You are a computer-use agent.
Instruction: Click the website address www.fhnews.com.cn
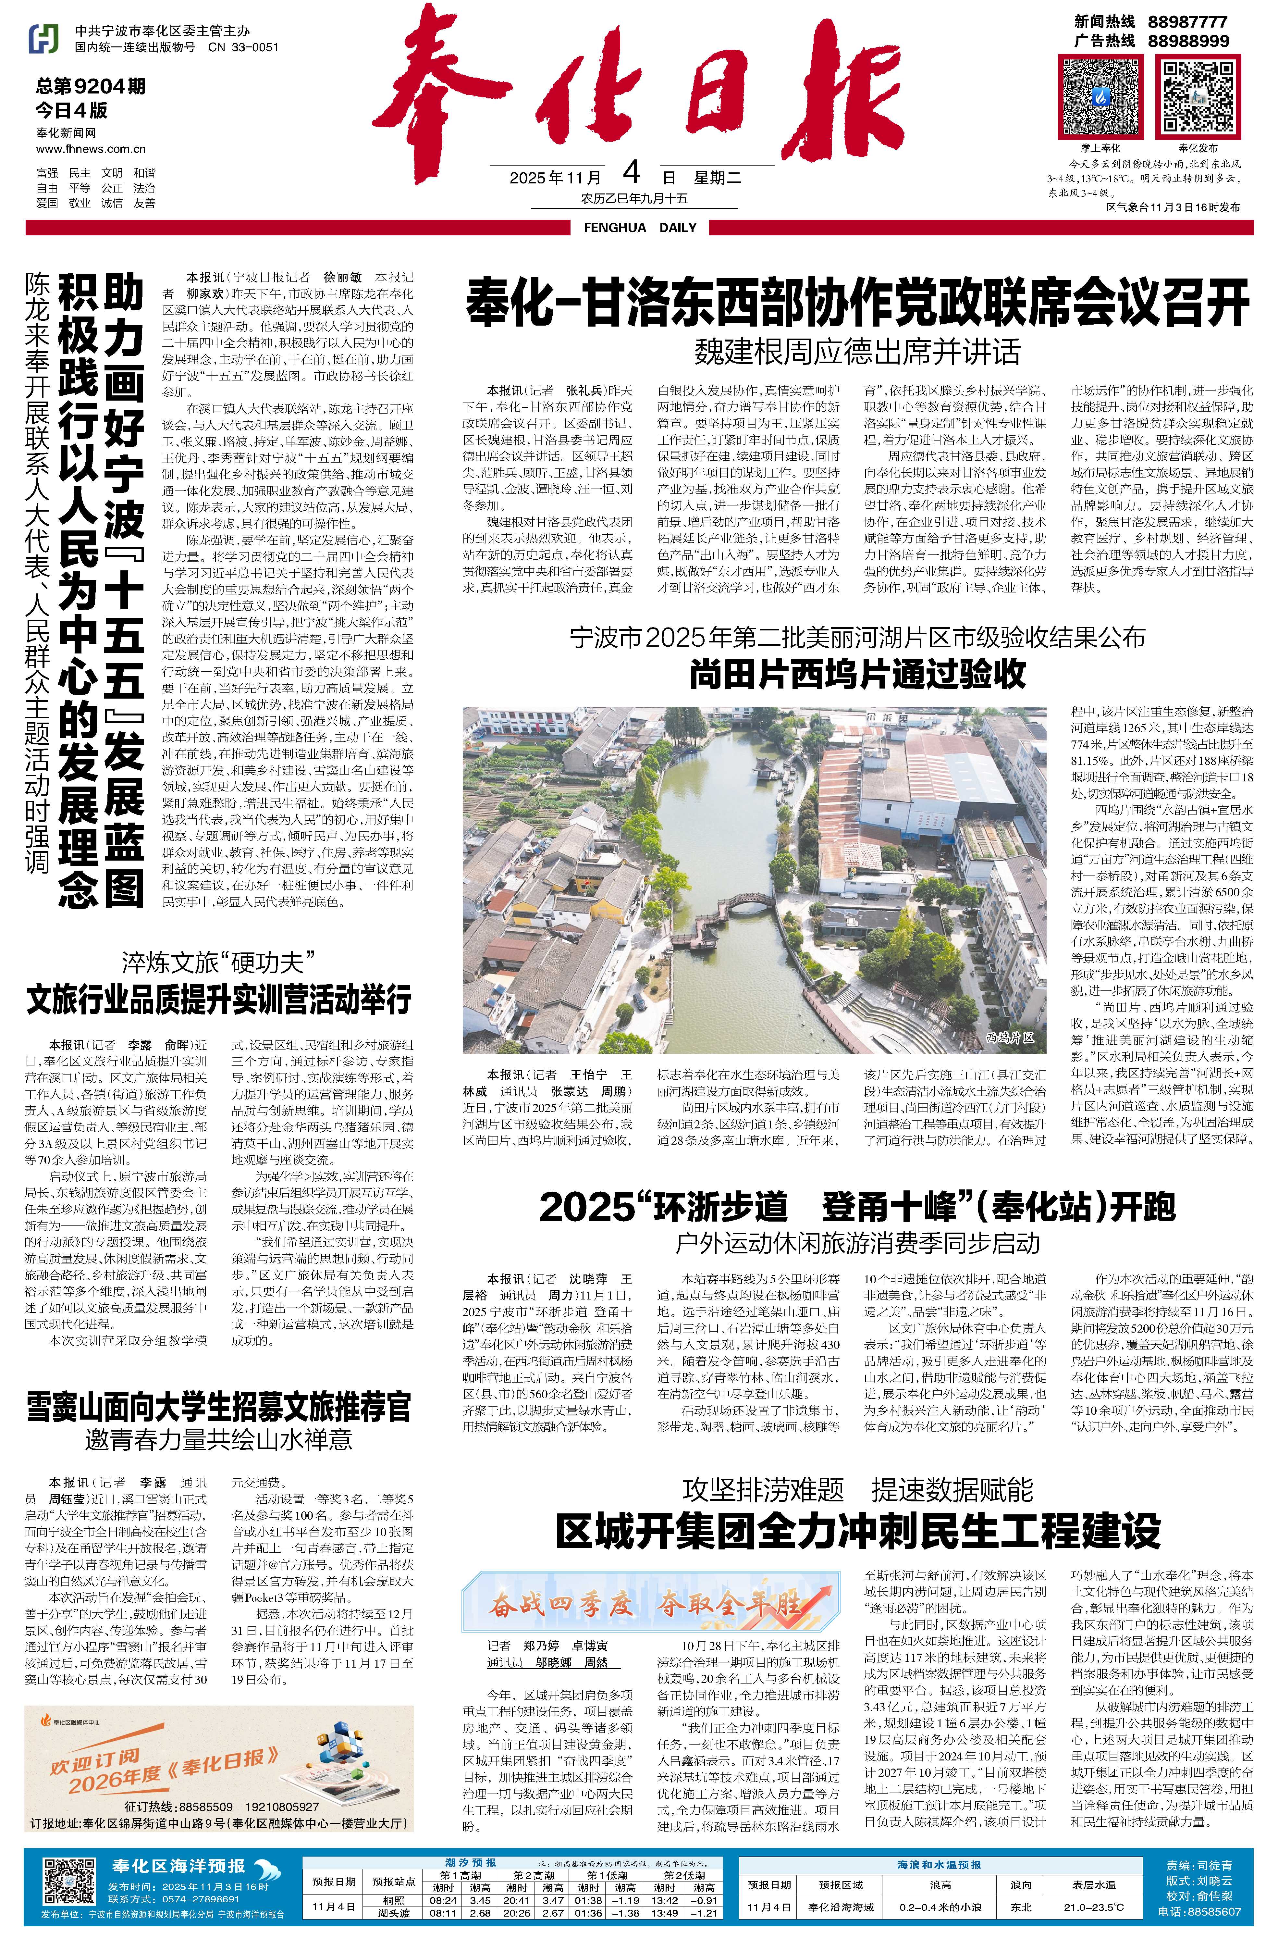(x=91, y=148)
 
